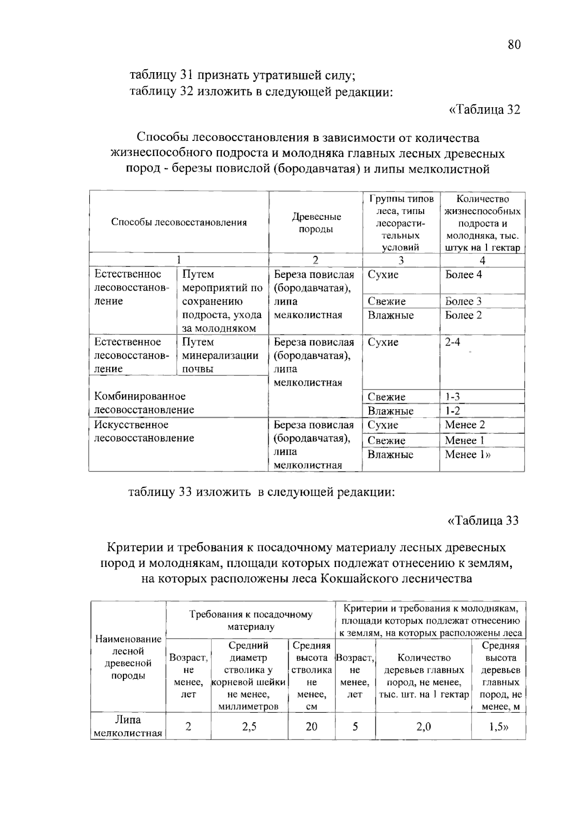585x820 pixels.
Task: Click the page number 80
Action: (514, 45)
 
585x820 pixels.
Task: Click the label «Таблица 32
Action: (484, 109)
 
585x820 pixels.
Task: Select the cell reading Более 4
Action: (464, 274)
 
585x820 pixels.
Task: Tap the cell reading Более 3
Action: (464, 301)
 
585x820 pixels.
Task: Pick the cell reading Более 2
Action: (464, 315)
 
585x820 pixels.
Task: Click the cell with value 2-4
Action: (452, 342)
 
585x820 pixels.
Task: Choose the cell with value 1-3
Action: (452, 397)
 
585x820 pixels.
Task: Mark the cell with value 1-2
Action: (452, 411)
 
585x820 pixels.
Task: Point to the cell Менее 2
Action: (465, 425)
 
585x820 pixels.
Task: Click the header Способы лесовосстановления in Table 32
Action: (179, 222)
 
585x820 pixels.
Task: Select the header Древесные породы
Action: (316, 223)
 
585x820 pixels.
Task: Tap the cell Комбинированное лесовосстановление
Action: (144, 403)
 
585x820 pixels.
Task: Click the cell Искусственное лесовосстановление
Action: (144, 431)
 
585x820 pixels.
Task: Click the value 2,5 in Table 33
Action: (249, 727)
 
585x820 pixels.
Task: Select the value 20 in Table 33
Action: (312, 727)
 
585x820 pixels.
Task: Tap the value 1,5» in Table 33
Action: (498, 727)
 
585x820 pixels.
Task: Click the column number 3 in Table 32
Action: (401, 260)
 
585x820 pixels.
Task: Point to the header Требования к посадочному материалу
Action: (251, 620)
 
